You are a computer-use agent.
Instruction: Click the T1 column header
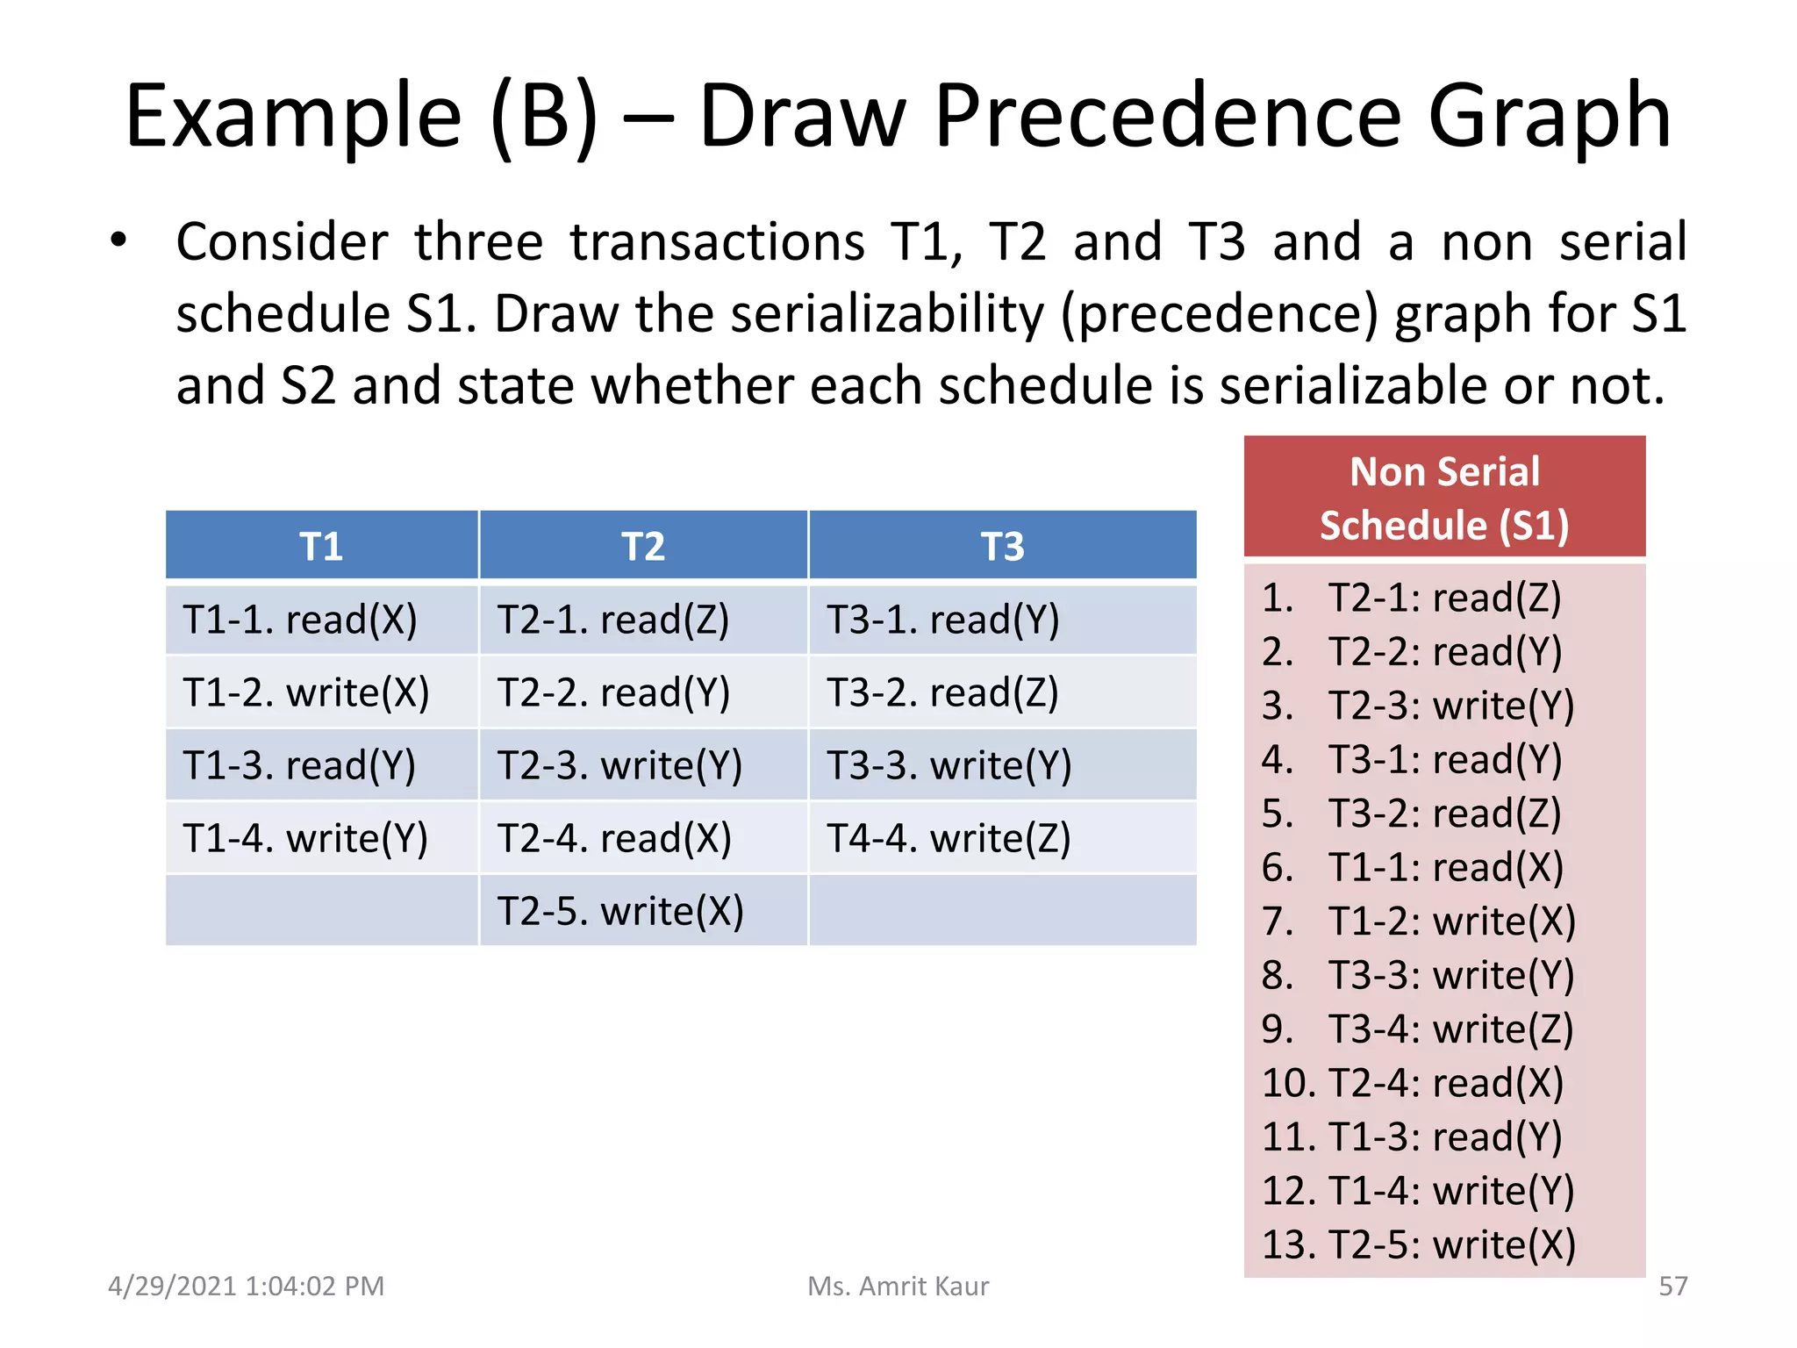(x=321, y=546)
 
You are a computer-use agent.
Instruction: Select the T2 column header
(x=643, y=546)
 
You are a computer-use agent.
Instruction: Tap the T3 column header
(x=1002, y=546)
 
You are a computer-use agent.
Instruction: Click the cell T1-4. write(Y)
(x=305, y=838)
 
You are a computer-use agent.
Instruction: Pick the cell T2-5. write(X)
(x=620, y=911)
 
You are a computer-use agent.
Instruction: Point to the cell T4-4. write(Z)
(x=949, y=838)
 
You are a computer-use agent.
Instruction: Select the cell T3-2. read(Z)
(x=942, y=692)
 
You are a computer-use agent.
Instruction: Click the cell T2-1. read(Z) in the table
(x=613, y=620)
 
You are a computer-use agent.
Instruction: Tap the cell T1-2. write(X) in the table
(x=306, y=692)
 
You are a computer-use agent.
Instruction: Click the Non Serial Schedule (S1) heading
(x=1444, y=498)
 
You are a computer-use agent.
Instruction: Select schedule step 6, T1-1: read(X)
(x=1413, y=867)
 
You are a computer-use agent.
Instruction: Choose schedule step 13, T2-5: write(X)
(x=1418, y=1244)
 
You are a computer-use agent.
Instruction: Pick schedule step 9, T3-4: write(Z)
(x=1418, y=1029)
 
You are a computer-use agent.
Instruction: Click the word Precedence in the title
(x=1168, y=116)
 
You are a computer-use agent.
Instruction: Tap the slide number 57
(x=1672, y=1286)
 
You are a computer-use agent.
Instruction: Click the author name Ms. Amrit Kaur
(x=898, y=1286)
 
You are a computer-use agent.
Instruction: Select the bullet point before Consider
(x=118, y=240)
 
